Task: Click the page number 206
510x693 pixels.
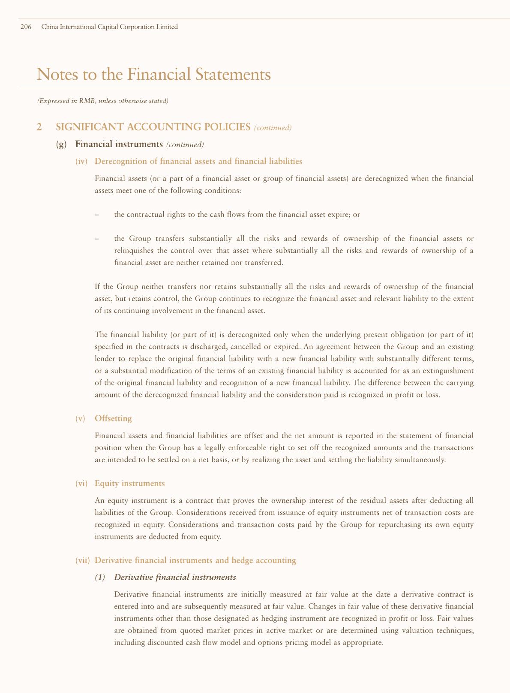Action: [26, 27]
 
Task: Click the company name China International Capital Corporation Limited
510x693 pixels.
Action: [109, 27]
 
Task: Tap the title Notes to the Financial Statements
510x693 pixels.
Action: [154, 74]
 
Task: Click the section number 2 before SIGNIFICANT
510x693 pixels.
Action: [39, 127]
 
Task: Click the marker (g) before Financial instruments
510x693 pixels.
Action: [62, 144]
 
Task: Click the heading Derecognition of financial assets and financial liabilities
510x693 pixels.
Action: [198, 161]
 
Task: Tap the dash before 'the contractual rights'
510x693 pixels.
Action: [96, 215]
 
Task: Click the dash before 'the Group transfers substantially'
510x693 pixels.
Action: [96, 239]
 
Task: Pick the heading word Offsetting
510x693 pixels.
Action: [113, 418]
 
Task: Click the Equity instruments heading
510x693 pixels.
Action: [129, 484]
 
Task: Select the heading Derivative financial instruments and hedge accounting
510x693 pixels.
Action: [195, 560]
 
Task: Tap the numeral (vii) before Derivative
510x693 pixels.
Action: [82, 560]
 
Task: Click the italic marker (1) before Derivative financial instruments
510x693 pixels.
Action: [99, 578]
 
